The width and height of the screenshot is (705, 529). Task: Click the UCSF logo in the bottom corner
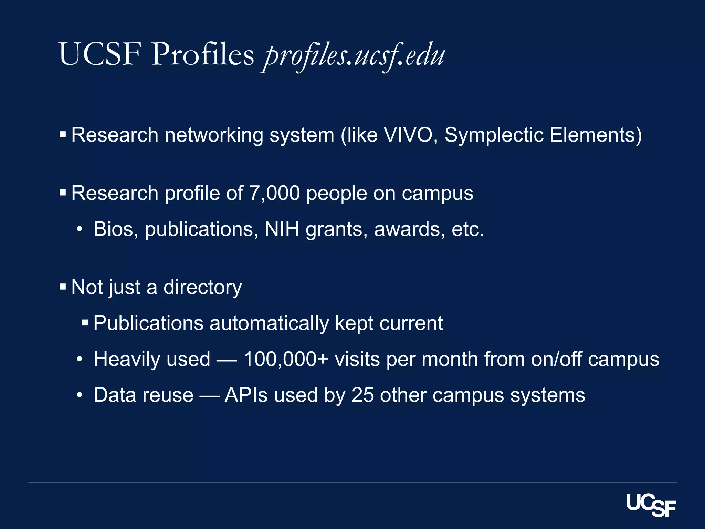click(651, 505)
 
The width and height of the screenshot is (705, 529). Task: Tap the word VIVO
click(408, 135)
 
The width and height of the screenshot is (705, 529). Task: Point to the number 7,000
click(274, 193)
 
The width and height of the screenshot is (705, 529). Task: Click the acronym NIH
click(282, 229)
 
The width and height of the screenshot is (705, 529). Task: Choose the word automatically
click(269, 324)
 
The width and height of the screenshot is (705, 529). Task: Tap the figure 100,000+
click(285, 359)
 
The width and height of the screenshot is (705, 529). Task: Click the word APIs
click(246, 395)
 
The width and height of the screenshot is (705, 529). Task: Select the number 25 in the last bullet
click(362, 395)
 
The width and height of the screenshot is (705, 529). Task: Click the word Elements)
click(596, 135)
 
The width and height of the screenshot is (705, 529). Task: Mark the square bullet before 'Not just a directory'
click(63, 287)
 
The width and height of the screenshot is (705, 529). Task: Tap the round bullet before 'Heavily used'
click(80, 360)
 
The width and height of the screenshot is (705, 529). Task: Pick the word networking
click(214, 135)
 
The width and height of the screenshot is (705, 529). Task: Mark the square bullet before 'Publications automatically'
click(85, 323)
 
